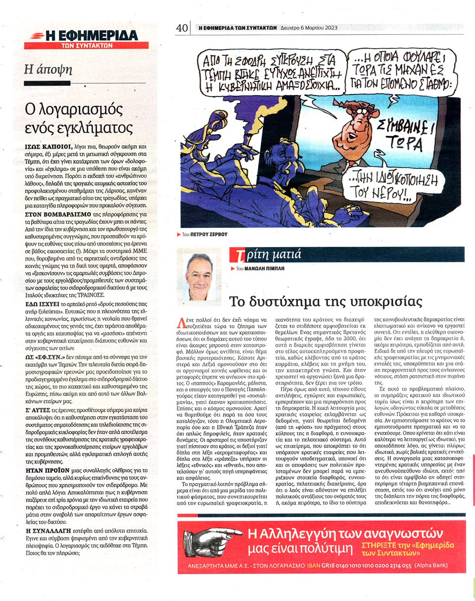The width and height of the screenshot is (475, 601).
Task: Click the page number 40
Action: pyautogui.click(x=182, y=28)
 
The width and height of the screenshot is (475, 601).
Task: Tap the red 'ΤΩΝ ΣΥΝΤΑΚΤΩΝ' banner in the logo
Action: pyautogui.click(x=86, y=45)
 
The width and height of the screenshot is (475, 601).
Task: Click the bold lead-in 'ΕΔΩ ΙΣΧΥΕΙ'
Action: pyautogui.click(x=42, y=303)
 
